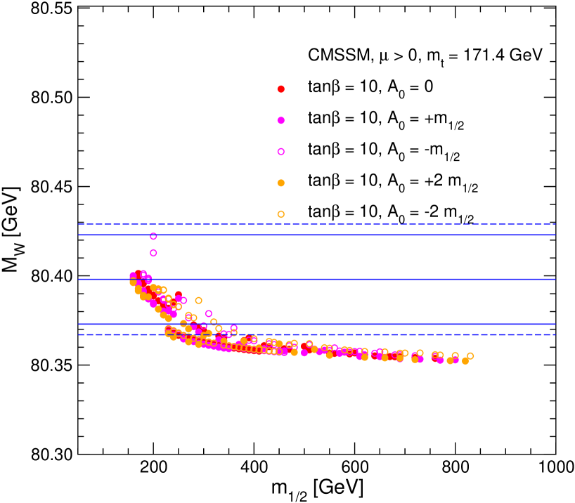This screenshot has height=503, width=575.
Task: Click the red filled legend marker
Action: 281,89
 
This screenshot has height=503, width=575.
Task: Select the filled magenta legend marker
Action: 281,120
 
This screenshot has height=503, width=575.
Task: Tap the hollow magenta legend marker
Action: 281,152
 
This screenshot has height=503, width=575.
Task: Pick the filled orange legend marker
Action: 281,183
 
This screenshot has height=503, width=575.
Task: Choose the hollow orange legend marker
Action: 281,214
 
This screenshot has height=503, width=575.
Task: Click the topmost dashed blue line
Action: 316,224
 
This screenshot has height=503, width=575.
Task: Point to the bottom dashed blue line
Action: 316,335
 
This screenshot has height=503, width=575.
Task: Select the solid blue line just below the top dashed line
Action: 316,235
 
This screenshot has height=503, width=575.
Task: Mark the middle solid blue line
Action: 316,279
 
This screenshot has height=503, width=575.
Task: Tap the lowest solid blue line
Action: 316,324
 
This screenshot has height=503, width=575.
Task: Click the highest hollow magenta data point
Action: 153,236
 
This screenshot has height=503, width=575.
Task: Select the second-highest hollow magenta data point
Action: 153,253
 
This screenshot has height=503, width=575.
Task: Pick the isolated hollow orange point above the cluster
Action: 199,301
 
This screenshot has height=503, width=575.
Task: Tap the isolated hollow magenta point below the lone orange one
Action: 209,314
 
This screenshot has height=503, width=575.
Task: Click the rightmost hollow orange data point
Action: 470,356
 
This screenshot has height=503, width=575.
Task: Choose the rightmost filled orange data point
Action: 465,361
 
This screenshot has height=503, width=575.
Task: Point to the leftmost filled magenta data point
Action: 133,276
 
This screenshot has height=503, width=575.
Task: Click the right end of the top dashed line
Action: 555,224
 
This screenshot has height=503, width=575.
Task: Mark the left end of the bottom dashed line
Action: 79,335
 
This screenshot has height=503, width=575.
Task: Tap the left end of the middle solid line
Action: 79,279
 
